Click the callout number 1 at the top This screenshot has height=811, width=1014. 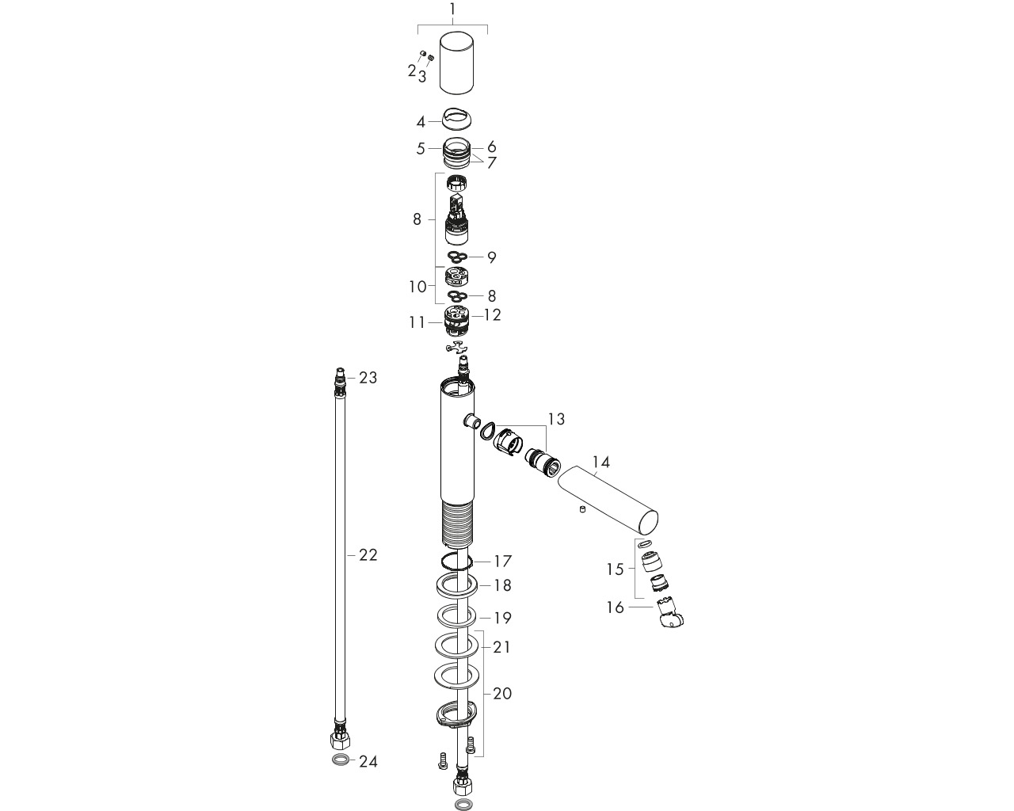(452, 9)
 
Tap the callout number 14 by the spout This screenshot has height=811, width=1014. (600, 463)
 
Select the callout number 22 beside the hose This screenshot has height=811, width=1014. (368, 555)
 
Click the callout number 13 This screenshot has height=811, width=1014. (556, 419)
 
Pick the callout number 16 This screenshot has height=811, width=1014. (615, 607)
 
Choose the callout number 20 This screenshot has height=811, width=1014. (501, 693)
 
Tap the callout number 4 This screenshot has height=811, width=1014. (421, 123)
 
